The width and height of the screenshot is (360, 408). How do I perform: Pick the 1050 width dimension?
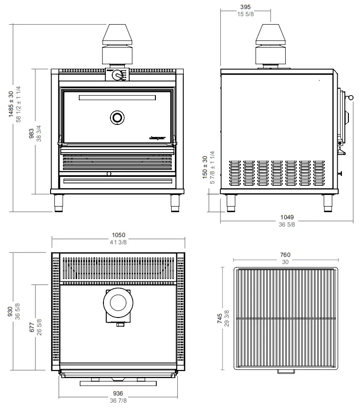coord(118,235)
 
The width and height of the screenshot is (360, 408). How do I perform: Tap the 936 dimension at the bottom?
coord(118,393)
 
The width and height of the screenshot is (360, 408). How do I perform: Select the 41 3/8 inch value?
coord(118,242)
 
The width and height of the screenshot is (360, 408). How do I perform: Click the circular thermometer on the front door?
coord(117,117)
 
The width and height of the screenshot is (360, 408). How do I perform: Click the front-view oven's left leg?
coord(59,202)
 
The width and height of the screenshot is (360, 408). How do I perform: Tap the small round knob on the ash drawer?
coord(109,174)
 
